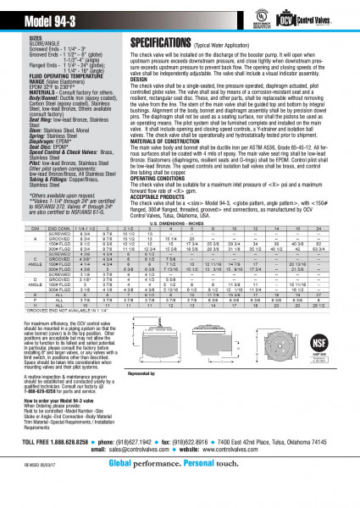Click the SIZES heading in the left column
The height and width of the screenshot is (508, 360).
pos(37,39)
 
